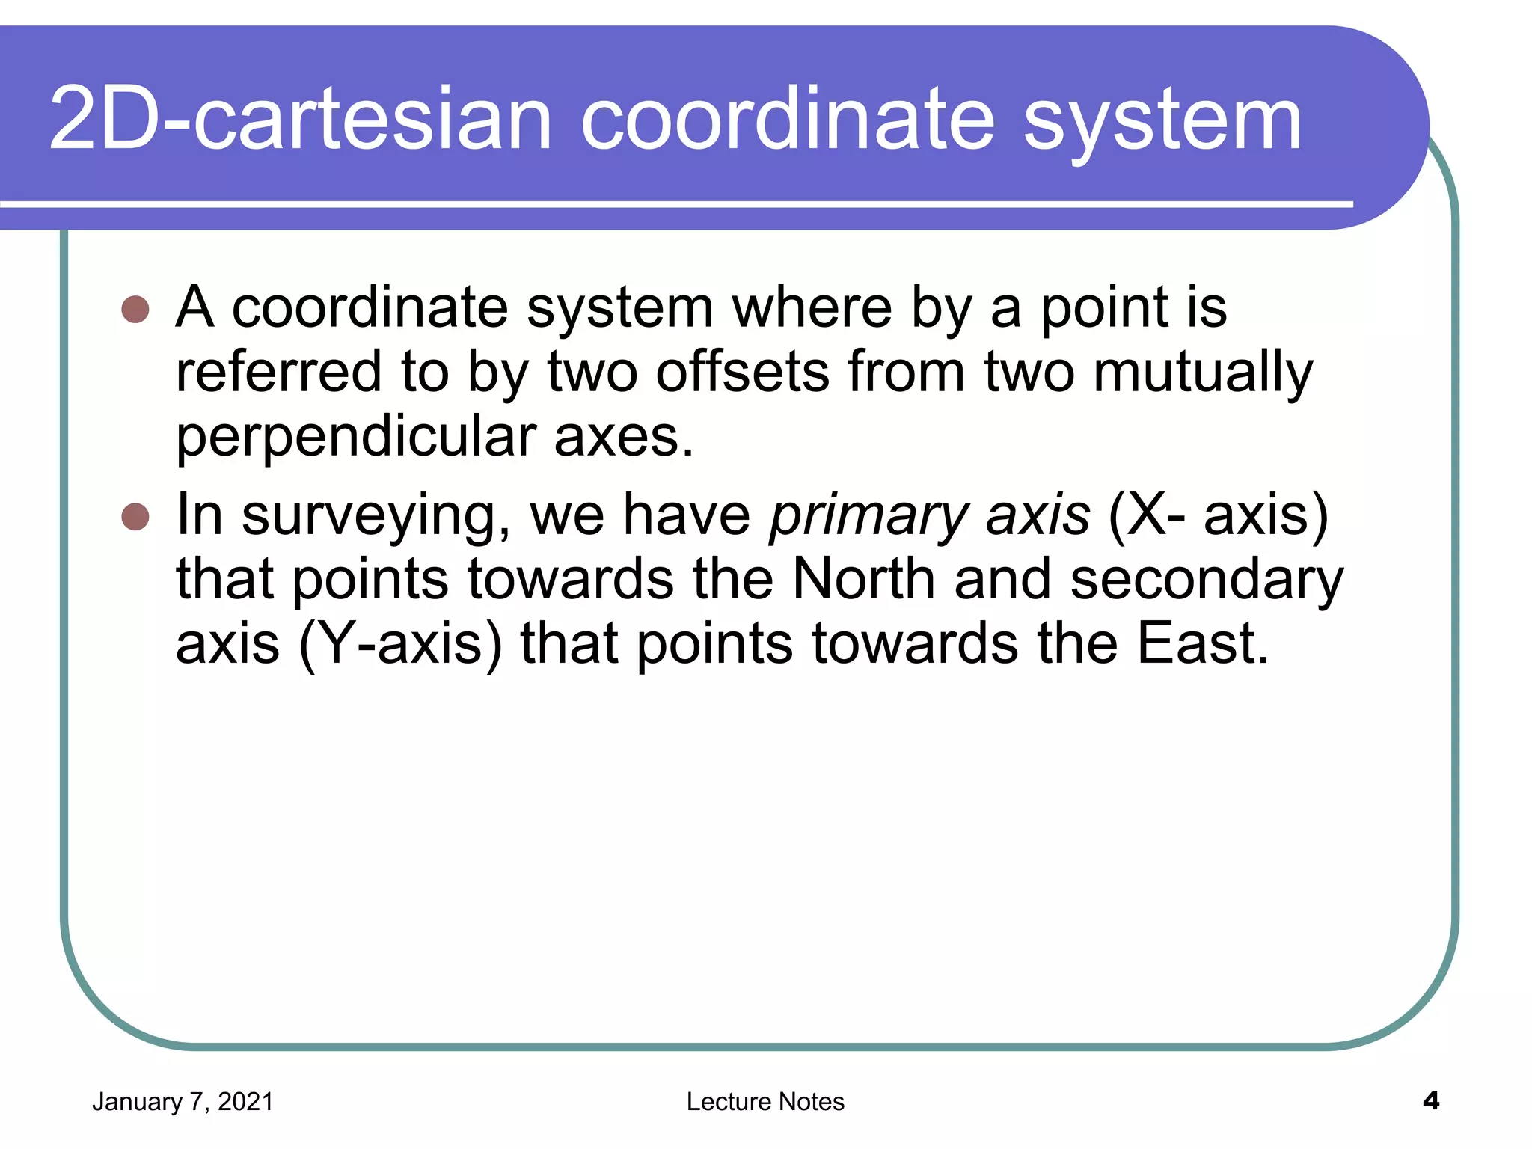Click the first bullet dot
(x=135, y=309)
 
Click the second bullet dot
(x=135, y=516)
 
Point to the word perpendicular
(x=356, y=438)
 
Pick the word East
(x=1203, y=643)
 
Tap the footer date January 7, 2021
(x=183, y=1102)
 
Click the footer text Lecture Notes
(x=765, y=1102)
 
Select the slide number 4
(x=1430, y=1100)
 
